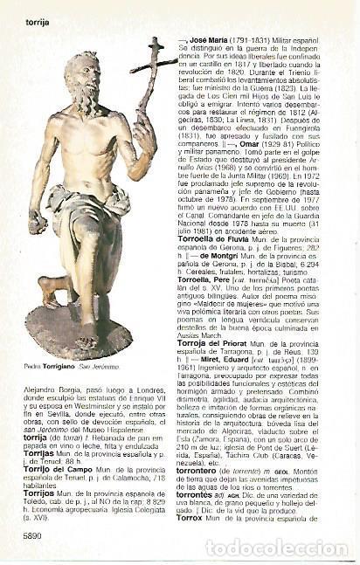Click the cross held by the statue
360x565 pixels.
coord(154,65)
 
